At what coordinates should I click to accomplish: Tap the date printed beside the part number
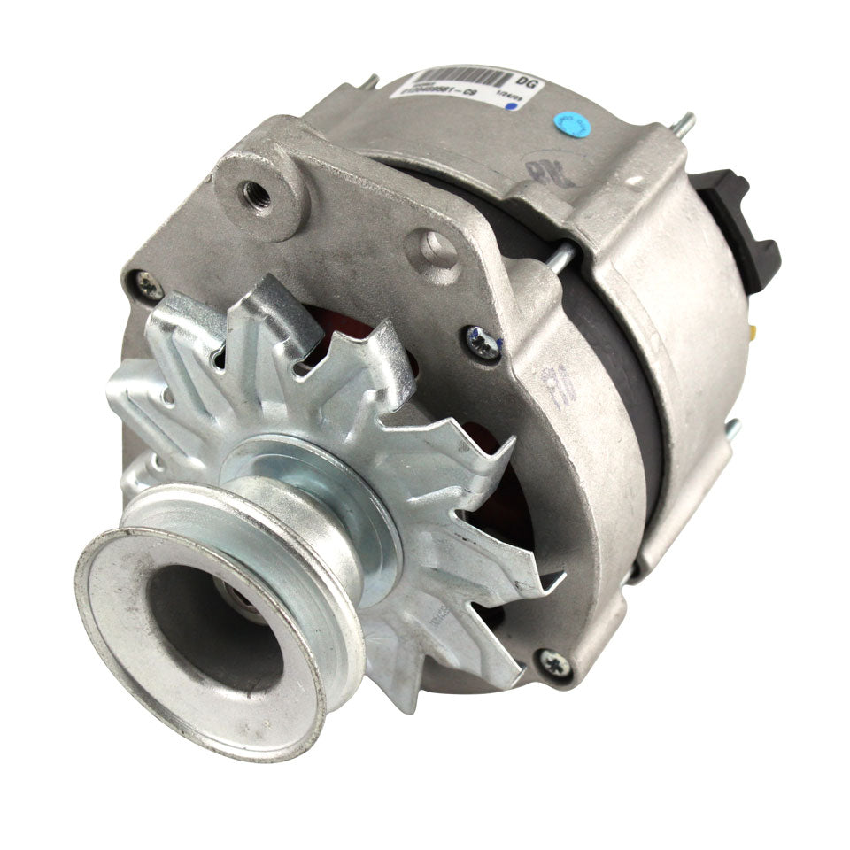click(x=507, y=97)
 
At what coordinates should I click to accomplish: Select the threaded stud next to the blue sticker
click(x=683, y=123)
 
